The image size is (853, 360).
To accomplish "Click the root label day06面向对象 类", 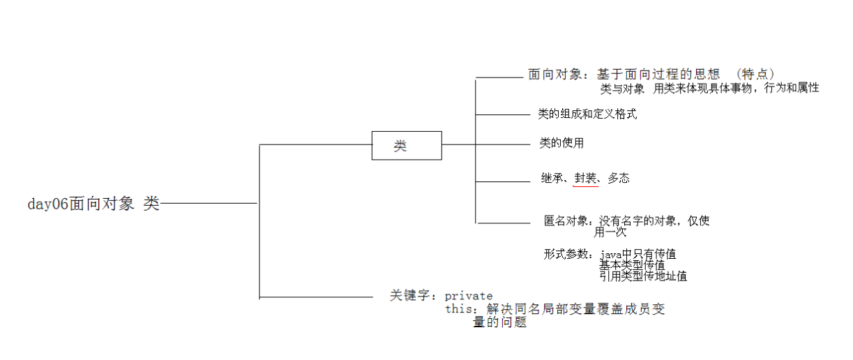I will coord(93,204).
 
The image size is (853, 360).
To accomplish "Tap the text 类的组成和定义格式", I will coord(587,114).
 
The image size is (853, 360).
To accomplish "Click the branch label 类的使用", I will coord(561,143).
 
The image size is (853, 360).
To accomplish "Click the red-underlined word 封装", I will coord(585,179).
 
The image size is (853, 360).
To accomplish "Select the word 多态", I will coord(618,179).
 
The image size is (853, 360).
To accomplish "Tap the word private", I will coord(469,296).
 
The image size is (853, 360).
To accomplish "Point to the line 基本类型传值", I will coord(632,265).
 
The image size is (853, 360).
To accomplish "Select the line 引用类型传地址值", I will coord(643,276).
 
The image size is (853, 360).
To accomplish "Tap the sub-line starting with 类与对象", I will coord(709,89).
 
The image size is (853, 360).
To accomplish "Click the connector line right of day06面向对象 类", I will coord(209,204).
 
